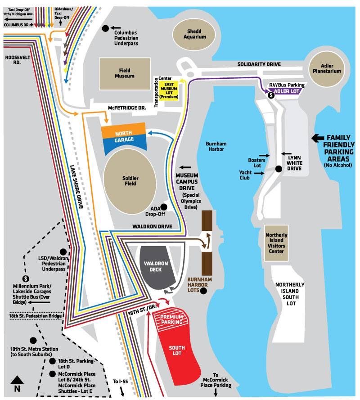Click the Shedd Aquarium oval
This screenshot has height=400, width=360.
(194, 34)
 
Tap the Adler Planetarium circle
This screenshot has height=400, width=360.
(327, 69)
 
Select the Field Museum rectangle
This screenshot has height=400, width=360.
(125, 73)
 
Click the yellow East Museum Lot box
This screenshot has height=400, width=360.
(169, 90)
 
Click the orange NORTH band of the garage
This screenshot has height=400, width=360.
(123, 131)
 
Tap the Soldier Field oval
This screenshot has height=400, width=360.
(130, 181)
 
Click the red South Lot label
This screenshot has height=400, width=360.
(176, 351)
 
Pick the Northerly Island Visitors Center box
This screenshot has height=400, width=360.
(276, 243)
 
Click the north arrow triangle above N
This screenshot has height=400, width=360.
(17, 380)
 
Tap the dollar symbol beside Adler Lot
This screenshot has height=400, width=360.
(271, 95)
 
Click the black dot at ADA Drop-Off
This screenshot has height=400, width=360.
(164, 207)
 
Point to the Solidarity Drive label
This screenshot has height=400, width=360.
(259, 64)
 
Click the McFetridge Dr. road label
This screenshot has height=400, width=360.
(127, 108)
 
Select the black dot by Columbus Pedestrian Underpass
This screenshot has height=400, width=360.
(105, 29)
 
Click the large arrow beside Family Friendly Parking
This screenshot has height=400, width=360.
(318, 138)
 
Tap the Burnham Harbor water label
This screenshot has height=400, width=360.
(216, 146)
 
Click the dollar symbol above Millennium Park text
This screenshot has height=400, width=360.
(26, 279)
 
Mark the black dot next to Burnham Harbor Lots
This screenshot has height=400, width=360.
(203, 291)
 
